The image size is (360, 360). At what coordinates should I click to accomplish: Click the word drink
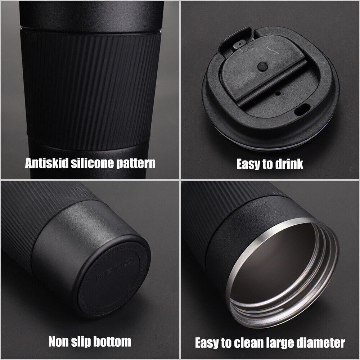tap(288, 164)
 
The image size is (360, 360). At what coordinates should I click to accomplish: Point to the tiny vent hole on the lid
tap(277, 93)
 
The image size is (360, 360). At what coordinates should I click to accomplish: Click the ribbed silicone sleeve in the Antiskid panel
tap(90, 90)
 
